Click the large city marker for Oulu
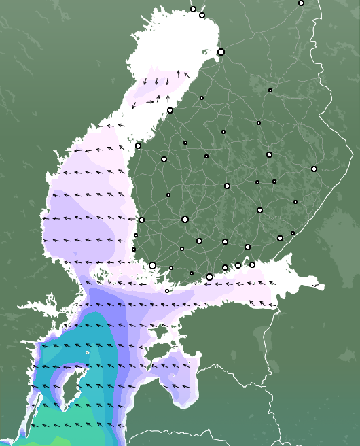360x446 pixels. (x=221, y=52)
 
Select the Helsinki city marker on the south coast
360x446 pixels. (x=209, y=277)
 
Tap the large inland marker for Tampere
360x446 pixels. (x=185, y=219)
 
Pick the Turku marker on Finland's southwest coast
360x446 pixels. (x=153, y=265)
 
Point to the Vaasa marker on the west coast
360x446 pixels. (x=138, y=145)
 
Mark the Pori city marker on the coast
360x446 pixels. (x=141, y=220)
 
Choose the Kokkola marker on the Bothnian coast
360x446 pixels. (x=170, y=110)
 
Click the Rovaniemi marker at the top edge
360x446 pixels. (x=301, y=3)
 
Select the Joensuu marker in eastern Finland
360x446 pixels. (x=314, y=169)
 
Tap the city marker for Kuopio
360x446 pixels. (x=269, y=154)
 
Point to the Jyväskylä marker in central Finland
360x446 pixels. (x=227, y=186)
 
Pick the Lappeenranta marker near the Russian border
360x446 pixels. (x=280, y=238)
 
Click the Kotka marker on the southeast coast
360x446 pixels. (x=252, y=264)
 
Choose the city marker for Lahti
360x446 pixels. (x=225, y=241)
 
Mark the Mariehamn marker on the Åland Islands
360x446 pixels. (x=167, y=291)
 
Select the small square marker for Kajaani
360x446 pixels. (x=270, y=90)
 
